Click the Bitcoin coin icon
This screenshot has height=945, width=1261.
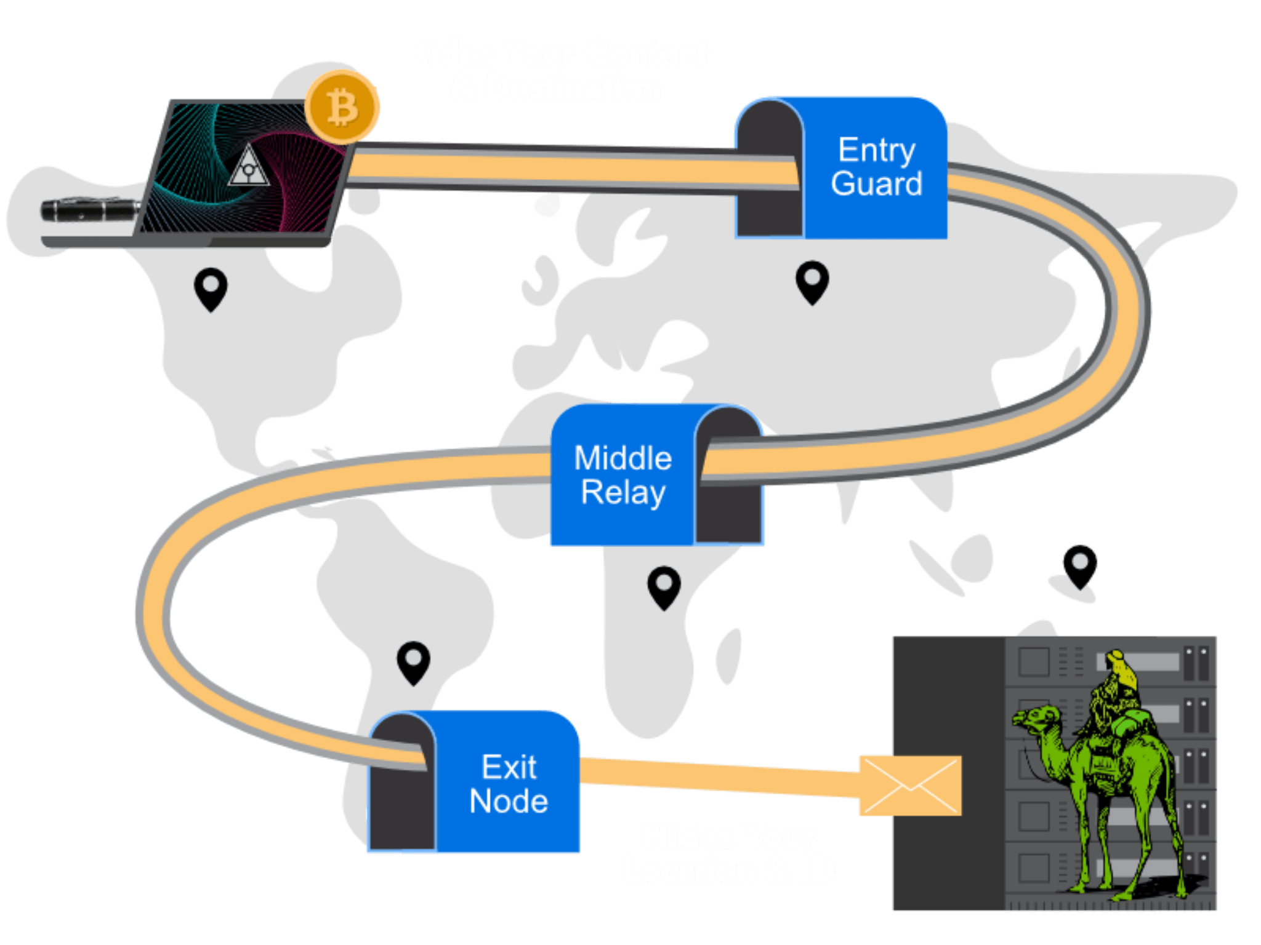click(x=342, y=107)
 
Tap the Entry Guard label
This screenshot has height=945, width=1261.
click(x=876, y=167)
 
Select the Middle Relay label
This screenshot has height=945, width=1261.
click(x=622, y=475)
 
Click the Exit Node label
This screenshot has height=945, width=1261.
click(x=509, y=784)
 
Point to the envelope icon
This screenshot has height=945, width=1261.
click(x=910, y=786)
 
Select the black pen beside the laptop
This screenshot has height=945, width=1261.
click(x=90, y=210)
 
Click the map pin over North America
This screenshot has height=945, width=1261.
click(x=211, y=288)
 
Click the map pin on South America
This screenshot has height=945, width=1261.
click(x=413, y=662)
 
